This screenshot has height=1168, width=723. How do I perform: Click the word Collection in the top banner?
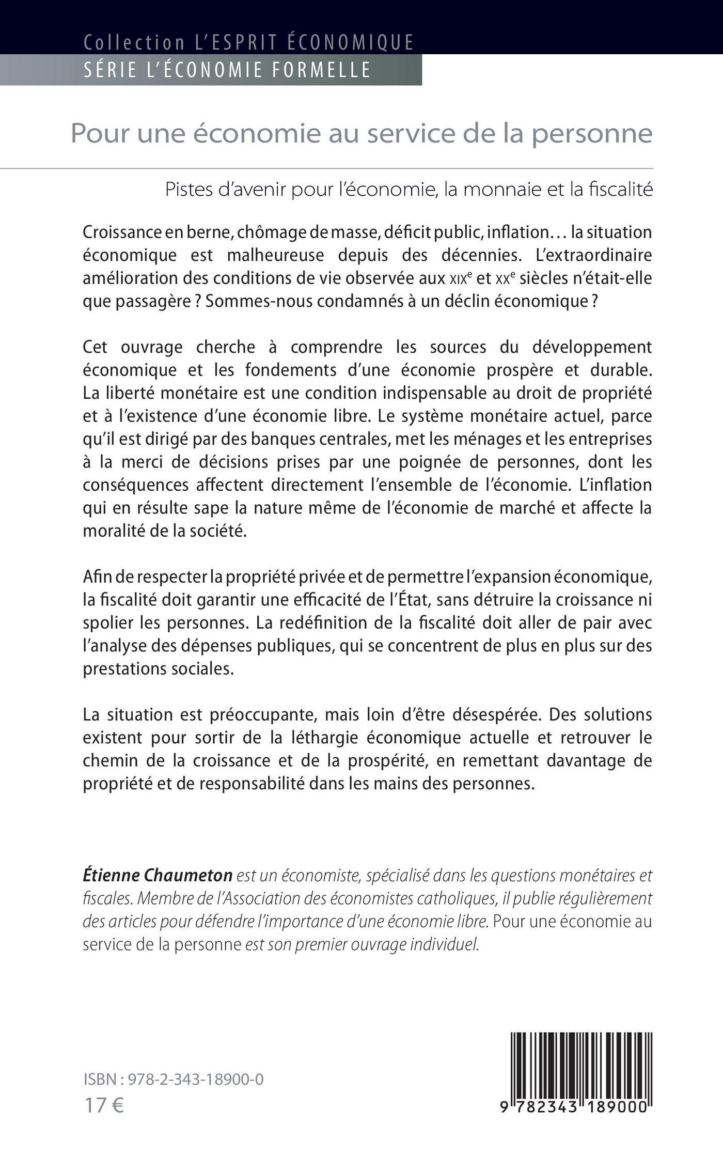(134, 42)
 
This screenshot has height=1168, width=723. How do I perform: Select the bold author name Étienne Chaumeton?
(158, 876)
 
